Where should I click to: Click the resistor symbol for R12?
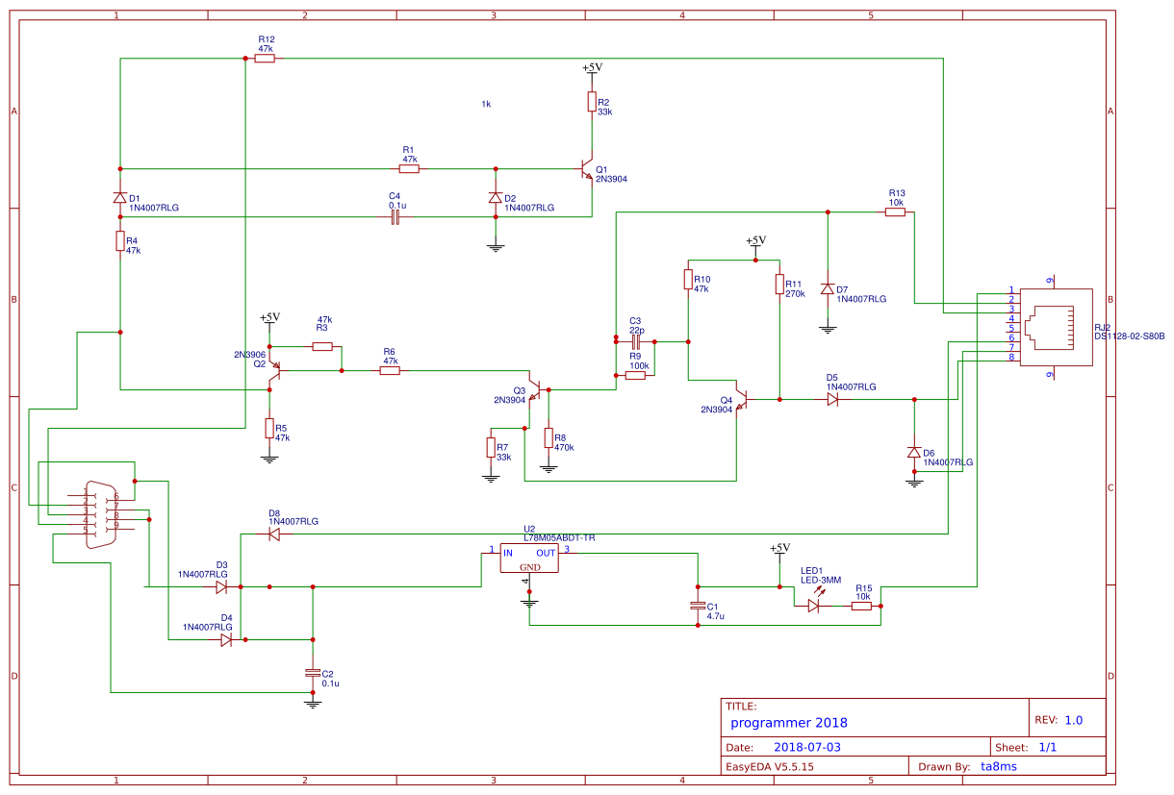click(x=265, y=58)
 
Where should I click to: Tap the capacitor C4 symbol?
click(x=395, y=217)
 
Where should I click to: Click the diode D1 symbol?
click(x=120, y=198)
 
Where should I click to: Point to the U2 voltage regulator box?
click(x=529, y=559)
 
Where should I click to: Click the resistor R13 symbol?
click(x=895, y=212)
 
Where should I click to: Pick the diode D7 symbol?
click(x=827, y=288)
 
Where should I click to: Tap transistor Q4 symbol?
click(x=741, y=399)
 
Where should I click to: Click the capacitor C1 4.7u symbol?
click(x=699, y=606)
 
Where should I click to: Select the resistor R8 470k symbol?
click(x=549, y=438)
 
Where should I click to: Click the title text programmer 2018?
click(x=788, y=723)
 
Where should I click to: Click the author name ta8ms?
click(x=998, y=766)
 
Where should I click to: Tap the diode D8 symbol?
click(x=274, y=534)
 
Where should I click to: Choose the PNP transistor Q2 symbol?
click(x=273, y=370)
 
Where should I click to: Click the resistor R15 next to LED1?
click(x=861, y=606)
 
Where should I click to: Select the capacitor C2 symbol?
click(x=312, y=673)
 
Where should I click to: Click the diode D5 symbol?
click(x=832, y=399)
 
